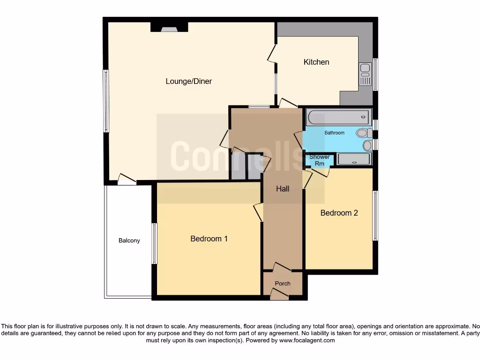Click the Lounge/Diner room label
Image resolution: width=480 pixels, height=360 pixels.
[188, 82]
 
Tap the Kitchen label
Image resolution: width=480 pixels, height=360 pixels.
[316, 62]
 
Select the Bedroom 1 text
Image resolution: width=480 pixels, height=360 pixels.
[209, 239]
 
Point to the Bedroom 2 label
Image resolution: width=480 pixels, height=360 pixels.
[339, 213]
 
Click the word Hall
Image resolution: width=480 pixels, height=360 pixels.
[282, 189]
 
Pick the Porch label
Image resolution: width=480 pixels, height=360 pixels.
[282, 284]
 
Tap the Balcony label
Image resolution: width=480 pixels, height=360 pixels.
[129, 240]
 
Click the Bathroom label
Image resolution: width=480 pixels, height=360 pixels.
[334, 133]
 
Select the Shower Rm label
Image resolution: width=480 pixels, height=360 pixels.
[319, 160]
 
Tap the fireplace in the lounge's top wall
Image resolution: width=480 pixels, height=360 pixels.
[169, 28]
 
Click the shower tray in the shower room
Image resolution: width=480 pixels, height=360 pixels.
[354, 160]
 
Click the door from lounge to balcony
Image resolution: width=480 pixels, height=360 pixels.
[127, 179]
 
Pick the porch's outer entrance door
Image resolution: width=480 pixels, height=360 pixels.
[280, 294]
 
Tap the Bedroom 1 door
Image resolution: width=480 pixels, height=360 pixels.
[258, 212]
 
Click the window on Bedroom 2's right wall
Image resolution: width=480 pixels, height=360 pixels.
[375, 216]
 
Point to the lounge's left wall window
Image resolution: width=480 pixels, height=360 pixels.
[106, 101]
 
